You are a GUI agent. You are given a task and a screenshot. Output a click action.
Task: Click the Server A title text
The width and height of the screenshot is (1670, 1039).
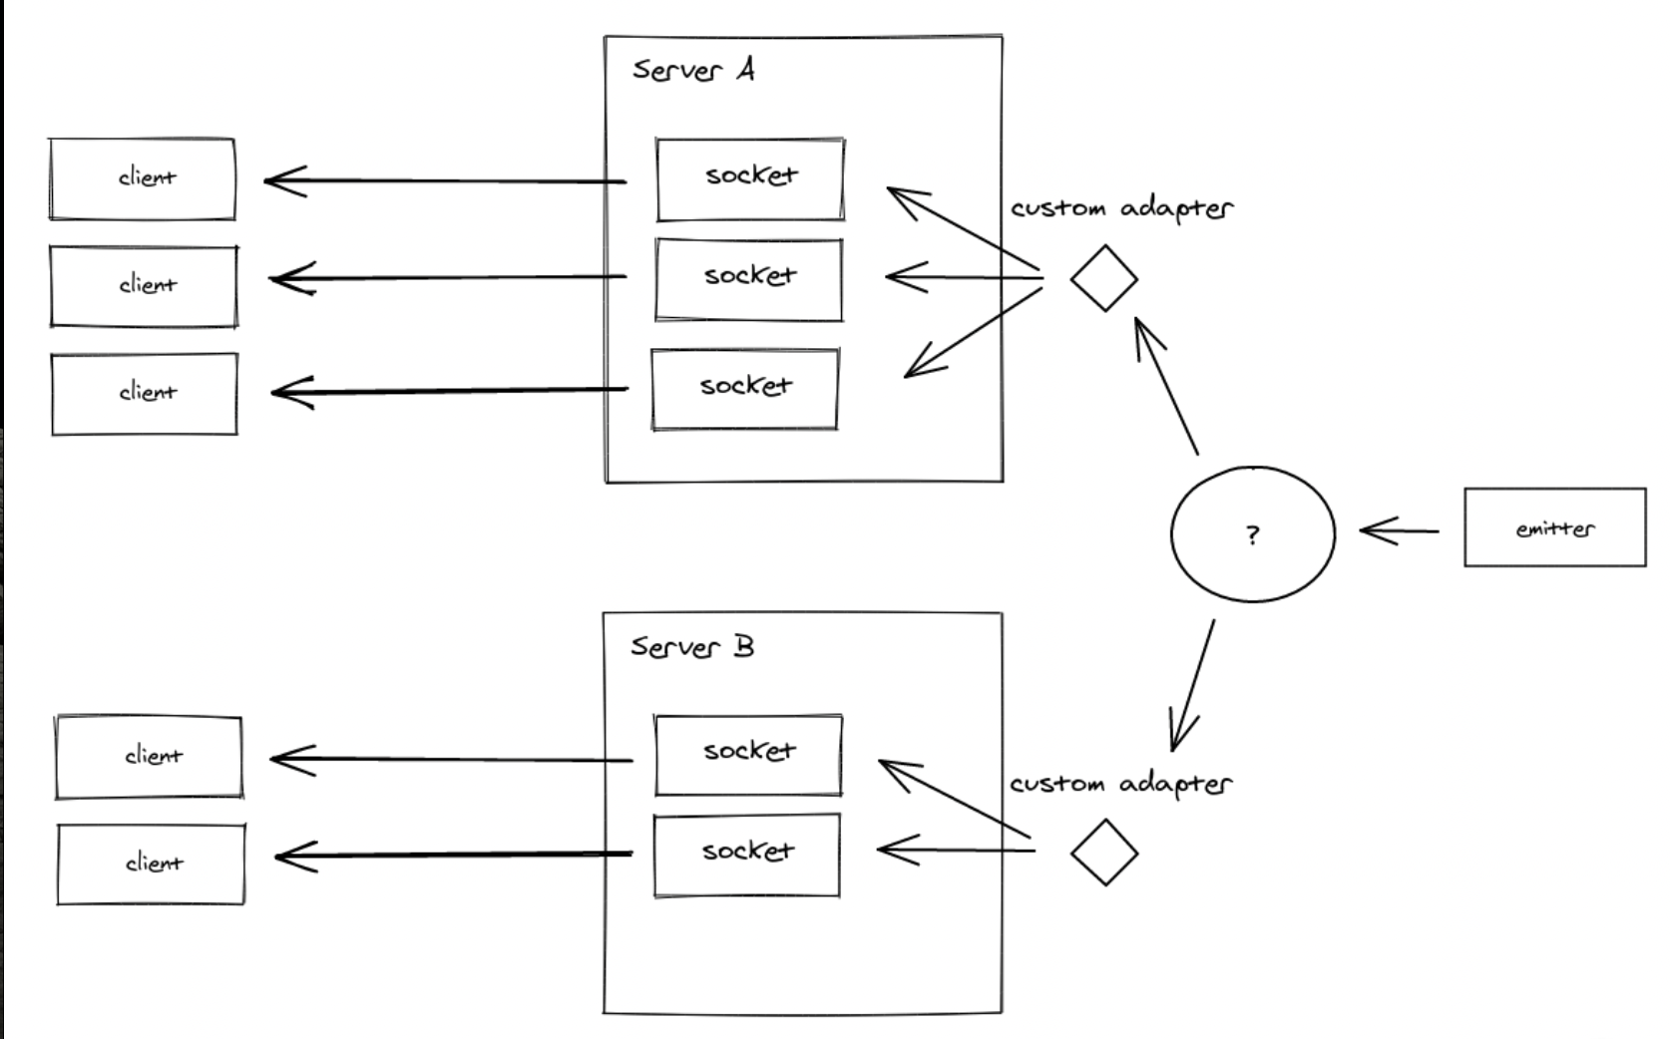coord(693,70)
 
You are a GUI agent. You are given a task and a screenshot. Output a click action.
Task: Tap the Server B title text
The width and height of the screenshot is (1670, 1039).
coord(692,646)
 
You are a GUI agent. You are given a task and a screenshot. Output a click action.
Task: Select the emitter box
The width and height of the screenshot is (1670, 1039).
coord(1554,527)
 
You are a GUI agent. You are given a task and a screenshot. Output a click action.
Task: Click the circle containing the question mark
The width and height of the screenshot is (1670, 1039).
coord(1253,533)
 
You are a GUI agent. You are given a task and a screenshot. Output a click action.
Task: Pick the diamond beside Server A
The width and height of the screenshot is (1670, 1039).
coord(1104,278)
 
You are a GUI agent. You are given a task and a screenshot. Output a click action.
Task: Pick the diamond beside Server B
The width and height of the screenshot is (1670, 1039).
coord(1104,853)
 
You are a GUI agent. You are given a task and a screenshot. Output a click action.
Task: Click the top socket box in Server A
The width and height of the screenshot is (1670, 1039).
coord(750,178)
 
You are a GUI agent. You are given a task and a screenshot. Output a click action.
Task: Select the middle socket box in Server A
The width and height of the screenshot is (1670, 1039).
coord(749,279)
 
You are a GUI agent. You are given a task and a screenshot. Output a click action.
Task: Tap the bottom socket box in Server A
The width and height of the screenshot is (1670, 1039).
coord(745,389)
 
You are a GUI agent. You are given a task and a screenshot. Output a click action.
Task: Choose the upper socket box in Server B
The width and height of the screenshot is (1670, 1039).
coord(748,755)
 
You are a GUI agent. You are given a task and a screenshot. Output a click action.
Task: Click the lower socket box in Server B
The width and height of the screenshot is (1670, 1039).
coord(747,856)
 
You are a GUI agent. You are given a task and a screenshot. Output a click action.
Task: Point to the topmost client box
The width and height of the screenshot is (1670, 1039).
coord(143,178)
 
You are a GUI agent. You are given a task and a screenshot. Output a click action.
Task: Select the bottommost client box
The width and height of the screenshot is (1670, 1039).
coord(152,864)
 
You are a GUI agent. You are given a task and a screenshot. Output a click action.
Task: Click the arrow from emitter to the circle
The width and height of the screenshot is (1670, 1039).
coord(1400,531)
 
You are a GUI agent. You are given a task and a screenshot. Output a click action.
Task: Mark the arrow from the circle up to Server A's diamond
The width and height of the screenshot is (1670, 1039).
coord(1166,385)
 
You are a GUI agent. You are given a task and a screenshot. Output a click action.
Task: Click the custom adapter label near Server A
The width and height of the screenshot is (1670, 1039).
coord(1122,208)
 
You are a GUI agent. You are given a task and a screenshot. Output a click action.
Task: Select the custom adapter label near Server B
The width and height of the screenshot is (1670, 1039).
coord(1121,784)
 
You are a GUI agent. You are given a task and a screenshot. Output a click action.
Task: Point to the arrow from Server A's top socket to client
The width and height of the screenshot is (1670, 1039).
coord(445,181)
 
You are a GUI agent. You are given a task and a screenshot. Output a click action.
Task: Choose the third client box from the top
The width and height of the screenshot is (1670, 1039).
coord(145,394)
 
